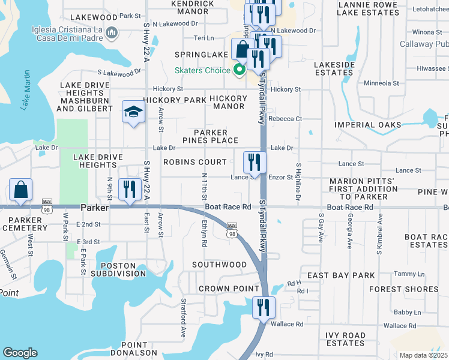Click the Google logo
pyautogui.click(x=20, y=353)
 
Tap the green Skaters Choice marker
pyautogui.click(x=240, y=70)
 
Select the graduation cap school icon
pyautogui.click(x=133, y=112)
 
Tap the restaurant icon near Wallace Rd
pyautogui.click(x=264, y=308)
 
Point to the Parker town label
pyautogui.click(x=94, y=208)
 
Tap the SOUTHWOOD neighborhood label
pyautogui.click(x=219, y=265)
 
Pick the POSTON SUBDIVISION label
pyautogui.click(x=118, y=269)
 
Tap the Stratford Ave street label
pyautogui.click(x=184, y=318)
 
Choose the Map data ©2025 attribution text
pyautogui.click(x=423, y=355)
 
